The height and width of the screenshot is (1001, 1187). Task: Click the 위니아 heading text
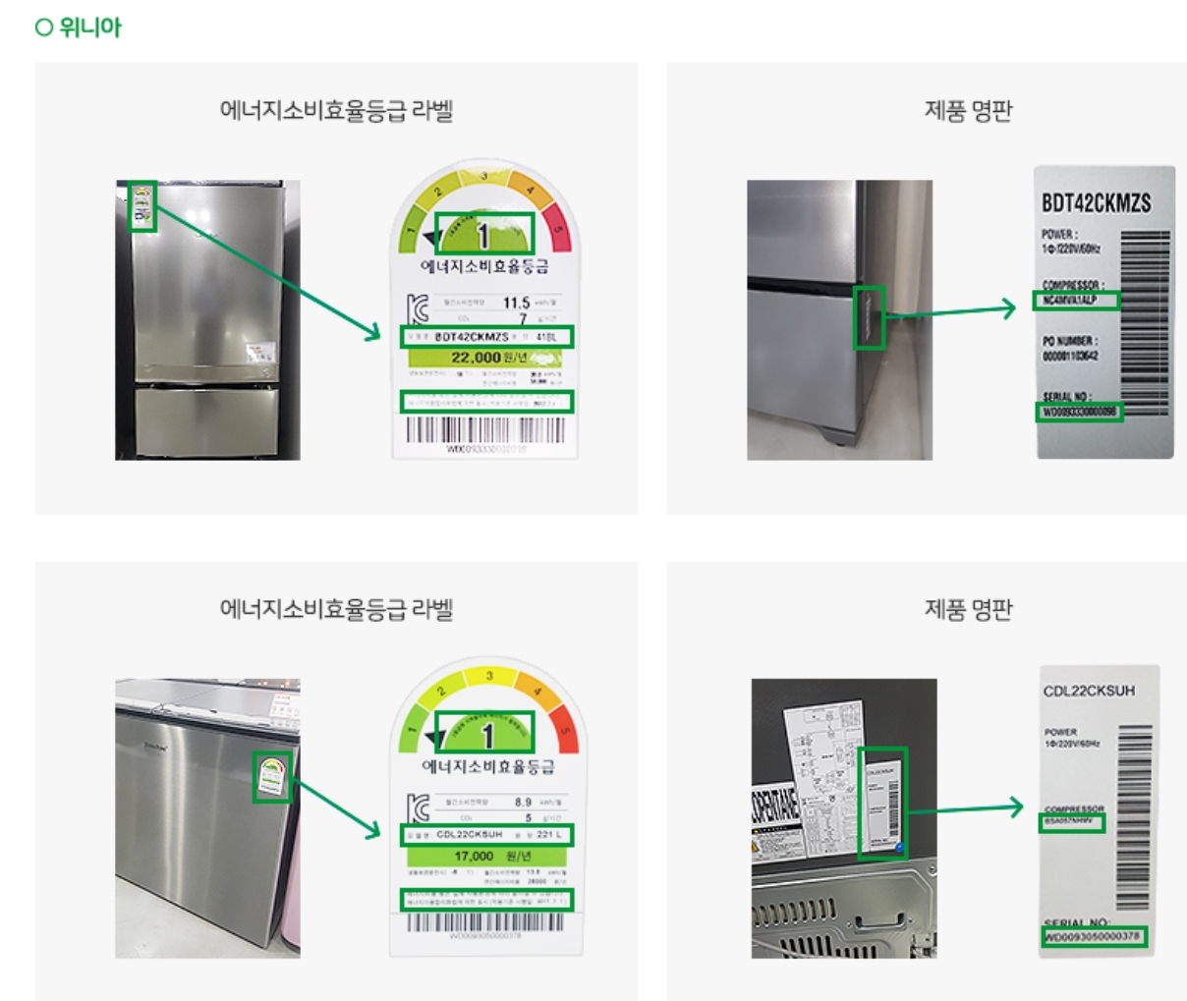tap(89, 28)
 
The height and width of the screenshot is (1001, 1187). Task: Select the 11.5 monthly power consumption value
tap(516, 303)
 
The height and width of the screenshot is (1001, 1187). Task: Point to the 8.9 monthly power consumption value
tap(523, 802)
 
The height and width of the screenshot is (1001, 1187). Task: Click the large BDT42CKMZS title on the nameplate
tap(1096, 203)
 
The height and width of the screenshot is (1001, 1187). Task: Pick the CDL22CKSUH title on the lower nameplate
tap(1089, 691)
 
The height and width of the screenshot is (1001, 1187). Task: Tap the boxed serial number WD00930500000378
tap(1092, 936)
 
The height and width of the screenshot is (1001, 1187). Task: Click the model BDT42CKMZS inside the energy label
tap(472, 337)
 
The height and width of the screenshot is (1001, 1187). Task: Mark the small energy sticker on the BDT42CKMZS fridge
tap(142, 206)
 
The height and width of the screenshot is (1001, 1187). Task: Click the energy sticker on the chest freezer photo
tap(272, 777)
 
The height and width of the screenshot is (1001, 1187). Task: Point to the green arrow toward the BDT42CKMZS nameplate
tap(950, 311)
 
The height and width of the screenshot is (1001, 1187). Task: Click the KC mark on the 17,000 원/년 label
tap(419, 808)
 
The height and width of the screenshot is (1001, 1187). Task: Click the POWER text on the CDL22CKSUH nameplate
tap(1060, 732)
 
